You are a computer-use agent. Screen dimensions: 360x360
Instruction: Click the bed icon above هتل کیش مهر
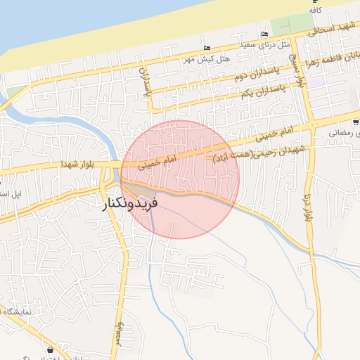pyautogui.click(x=206, y=48)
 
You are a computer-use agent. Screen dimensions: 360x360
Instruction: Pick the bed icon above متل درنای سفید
pyautogui.click(x=264, y=34)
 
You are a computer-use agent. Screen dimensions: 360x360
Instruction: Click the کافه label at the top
pyautogui.click(x=316, y=11)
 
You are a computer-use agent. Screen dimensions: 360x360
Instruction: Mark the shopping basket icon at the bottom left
pyautogui.click(x=51, y=349)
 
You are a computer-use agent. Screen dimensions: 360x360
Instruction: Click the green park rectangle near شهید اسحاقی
pyautogui.click(x=285, y=26)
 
